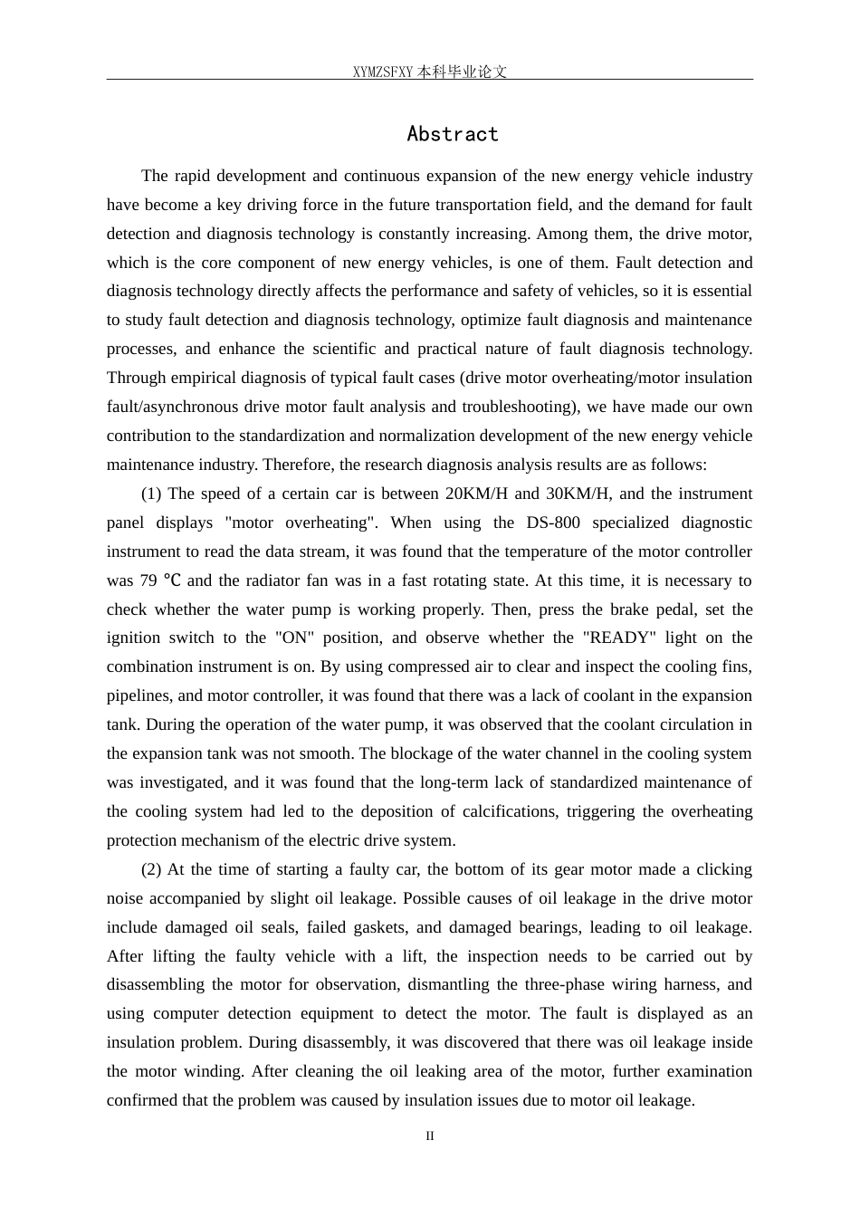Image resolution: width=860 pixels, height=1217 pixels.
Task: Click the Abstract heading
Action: point(453,134)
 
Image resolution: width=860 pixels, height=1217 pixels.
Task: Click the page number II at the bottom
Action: point(430,1136)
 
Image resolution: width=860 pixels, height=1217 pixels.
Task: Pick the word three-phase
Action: point(574,984)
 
